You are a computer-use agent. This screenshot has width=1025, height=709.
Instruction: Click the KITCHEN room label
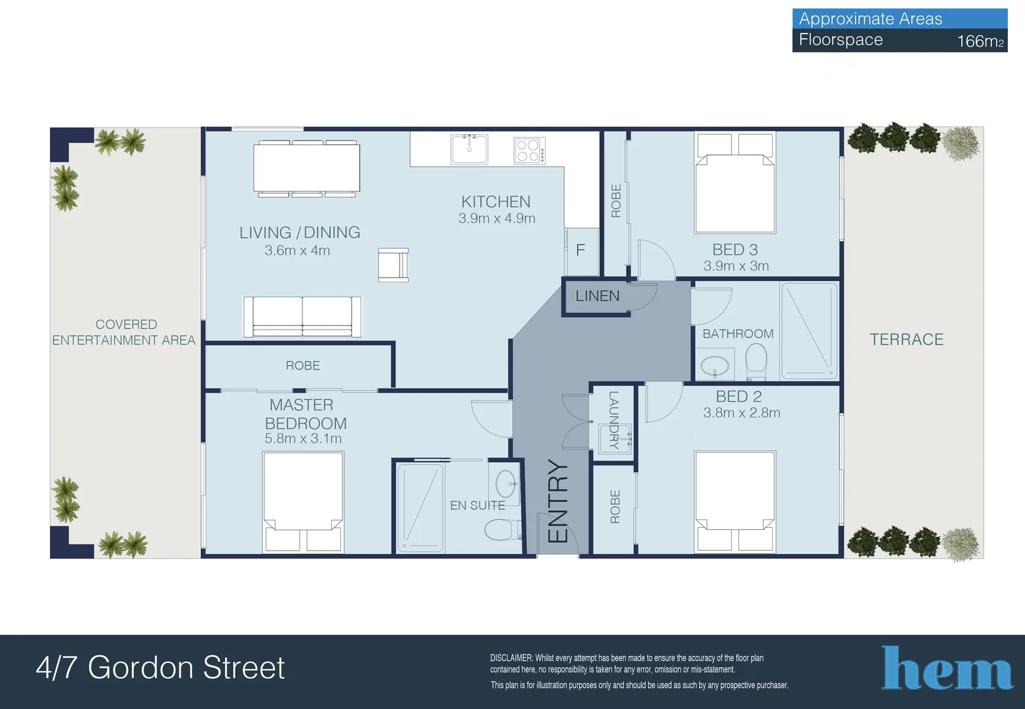pyautogui.click(x=495, y=202)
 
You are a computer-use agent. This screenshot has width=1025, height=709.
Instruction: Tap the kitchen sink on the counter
pyautogui.click(x=469, y=149)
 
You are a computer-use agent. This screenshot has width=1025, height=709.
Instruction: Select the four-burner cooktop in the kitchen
pyautogui.click(x=529, y=150)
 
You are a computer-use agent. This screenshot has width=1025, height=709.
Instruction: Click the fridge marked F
pyautogui.click(x=581, y=251)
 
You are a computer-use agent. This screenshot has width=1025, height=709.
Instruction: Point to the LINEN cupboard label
pyautogui.click(x=597, y=296)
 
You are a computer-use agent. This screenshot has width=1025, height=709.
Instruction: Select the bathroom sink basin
pyautogui.click(x=715, y=366)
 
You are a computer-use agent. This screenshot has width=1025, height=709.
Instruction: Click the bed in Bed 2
pyautogui.click(x=735, y=500)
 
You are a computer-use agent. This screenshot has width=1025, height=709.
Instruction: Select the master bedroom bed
pyautogui.click(x=303, y=502)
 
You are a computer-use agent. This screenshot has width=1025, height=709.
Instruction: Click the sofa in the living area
pyautogui.click(x=302, y=316)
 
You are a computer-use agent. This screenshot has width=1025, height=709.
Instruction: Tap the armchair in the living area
pyautogui.click(x=393, y=265)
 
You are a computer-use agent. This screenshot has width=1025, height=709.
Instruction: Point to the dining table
pyautogui.click(x=307, y=168)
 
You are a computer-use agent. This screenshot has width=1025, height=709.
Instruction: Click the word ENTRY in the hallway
pyautogui.click(x=558, y=501)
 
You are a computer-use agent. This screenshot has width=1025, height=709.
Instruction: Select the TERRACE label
pyautogui.click(x=906, y=339)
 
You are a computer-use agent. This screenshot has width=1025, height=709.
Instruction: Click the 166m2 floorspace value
pyautogui.click(x=980, y=41)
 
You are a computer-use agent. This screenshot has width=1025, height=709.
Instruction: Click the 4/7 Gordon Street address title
pyautogui.click(x=160, y=668)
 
